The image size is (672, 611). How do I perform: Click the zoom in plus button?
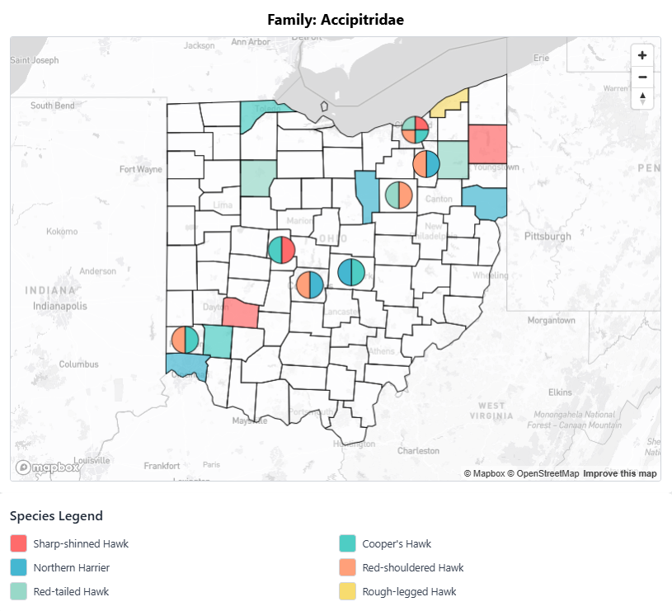(x=642, y=56)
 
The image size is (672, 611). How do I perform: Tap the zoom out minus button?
(x=642, y=78)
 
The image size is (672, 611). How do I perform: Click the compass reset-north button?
(x=642, y=98)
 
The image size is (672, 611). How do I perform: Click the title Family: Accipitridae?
(x=336, y=19)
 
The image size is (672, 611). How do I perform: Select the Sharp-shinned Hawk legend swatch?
(x=18, y=544)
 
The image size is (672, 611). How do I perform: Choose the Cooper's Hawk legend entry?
(x=396, y=544)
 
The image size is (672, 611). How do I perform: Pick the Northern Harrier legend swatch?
(x=18, y=568)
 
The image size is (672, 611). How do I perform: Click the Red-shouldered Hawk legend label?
(x=412, y=568)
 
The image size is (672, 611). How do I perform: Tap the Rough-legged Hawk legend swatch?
(x=347, y=591)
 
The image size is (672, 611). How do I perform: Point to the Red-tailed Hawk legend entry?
(x=71, y=591)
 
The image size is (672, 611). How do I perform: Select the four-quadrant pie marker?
(x=415, y=129)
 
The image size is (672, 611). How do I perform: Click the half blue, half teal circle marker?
(x=351, y=271)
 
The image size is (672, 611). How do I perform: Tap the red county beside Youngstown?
(x=486, y=143)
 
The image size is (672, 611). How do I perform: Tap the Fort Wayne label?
(x=141, y=170)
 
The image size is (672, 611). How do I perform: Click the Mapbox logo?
(x=48, y=468)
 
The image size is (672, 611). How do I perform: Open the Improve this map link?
(x=620, y=473)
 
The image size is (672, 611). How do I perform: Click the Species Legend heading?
(x=56, y=516)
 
